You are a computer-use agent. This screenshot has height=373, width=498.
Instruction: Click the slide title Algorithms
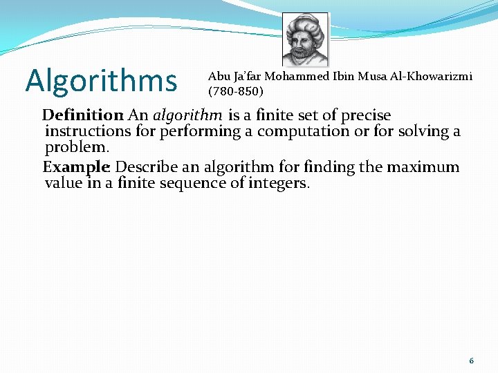101,80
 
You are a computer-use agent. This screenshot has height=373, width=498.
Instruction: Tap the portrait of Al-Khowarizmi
305,41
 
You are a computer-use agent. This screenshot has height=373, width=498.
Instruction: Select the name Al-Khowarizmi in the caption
434,77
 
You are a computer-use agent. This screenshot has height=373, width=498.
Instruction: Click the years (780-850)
235,90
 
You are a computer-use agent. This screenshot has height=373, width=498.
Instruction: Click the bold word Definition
82,115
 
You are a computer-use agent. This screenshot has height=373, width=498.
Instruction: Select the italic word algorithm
187,115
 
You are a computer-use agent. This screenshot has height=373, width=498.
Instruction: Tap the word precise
366,115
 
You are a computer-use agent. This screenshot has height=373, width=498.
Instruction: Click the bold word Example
76,167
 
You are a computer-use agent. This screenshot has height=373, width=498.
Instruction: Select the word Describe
147,167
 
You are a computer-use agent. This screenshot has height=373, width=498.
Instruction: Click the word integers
279,183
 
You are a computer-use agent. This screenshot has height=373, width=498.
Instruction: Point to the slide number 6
471,361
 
